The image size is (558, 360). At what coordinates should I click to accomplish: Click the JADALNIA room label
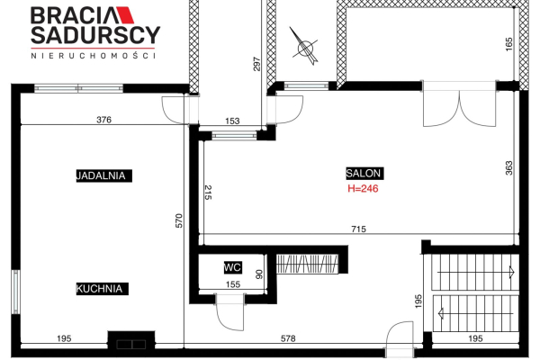tap(103, 175)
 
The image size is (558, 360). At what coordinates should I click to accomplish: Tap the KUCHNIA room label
tap(102, 289)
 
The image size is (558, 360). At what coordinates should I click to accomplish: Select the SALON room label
tap(364, 173)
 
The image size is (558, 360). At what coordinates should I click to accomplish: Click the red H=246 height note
tap(363, 188)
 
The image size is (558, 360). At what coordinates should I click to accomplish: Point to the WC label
tap(233, 267)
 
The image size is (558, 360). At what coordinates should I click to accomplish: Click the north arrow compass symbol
tap(304, 46)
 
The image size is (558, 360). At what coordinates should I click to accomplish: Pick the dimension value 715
tap(358, 229)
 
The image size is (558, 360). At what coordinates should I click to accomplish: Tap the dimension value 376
tap(103, 120)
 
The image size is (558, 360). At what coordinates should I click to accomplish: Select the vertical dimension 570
tap(179, 220)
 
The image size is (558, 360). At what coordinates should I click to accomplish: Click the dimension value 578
tap(288, 338)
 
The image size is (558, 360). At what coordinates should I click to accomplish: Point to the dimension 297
tap(256, 64)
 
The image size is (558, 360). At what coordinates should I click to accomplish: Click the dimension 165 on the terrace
tap(508, 44)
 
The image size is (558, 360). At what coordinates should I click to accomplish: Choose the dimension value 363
tap(509, 168)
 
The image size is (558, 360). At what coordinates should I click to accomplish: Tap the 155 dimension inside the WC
tap(233, 284)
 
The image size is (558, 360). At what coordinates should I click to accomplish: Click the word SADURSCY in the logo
tap(95, 35)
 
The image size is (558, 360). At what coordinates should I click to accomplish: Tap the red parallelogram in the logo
tap(125, 15)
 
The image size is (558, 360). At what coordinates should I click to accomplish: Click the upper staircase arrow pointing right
tap(476, 272)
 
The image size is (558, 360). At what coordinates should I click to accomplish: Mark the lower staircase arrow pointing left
tap(476, 313)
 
